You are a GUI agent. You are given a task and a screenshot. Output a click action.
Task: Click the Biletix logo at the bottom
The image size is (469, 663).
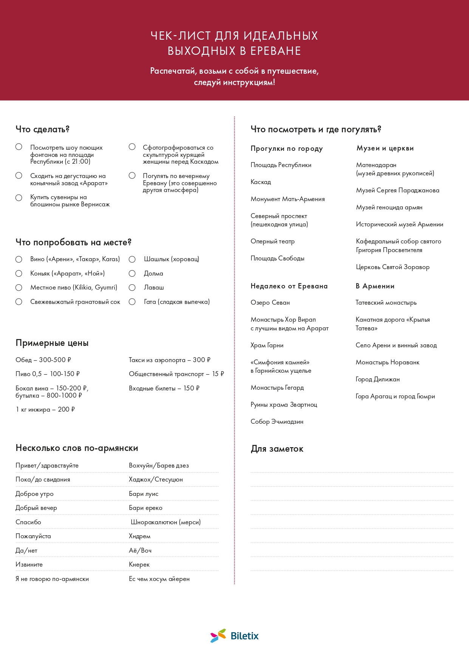coord(234,636)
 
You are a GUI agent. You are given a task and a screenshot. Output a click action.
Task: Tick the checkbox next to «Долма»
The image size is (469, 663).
coord(132,273)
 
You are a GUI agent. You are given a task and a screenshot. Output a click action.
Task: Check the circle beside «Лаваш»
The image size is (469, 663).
coord(132,288)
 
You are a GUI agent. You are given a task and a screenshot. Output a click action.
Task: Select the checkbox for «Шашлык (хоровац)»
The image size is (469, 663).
coord(132,259)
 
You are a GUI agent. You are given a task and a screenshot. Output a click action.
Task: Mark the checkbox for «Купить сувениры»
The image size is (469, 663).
coord(19,198)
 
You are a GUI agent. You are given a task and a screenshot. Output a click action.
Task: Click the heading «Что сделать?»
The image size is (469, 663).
coord(42,129)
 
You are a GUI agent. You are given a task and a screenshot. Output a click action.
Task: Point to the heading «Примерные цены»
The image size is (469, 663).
coord(52,343)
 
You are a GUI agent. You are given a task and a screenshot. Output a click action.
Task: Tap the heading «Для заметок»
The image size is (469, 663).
coord(277,449)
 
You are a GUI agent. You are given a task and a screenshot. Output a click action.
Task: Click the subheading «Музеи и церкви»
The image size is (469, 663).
coord(385,148)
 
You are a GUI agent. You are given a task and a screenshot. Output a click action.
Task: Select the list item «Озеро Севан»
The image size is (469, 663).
coord(270,302)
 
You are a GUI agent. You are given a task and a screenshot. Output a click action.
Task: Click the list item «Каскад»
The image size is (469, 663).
coord(261,182)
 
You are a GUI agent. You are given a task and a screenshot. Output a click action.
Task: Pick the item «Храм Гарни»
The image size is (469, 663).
coord(267,345)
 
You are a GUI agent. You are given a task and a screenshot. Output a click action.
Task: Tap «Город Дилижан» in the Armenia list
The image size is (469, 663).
coord(378,379)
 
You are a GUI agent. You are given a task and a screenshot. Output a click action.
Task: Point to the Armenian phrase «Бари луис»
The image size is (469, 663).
coord(144,494)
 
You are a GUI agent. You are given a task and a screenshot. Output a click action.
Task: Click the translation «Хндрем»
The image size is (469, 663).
coord(139,536)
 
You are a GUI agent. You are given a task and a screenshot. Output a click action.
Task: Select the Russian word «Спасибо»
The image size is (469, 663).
coord(28,522)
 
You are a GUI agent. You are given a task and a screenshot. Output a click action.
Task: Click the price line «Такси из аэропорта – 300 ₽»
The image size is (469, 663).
coord(169,360)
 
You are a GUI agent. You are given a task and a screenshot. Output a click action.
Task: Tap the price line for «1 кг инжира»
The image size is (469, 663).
coord(45,409)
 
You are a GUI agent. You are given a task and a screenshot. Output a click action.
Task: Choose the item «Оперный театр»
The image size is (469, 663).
coord(272,241)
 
